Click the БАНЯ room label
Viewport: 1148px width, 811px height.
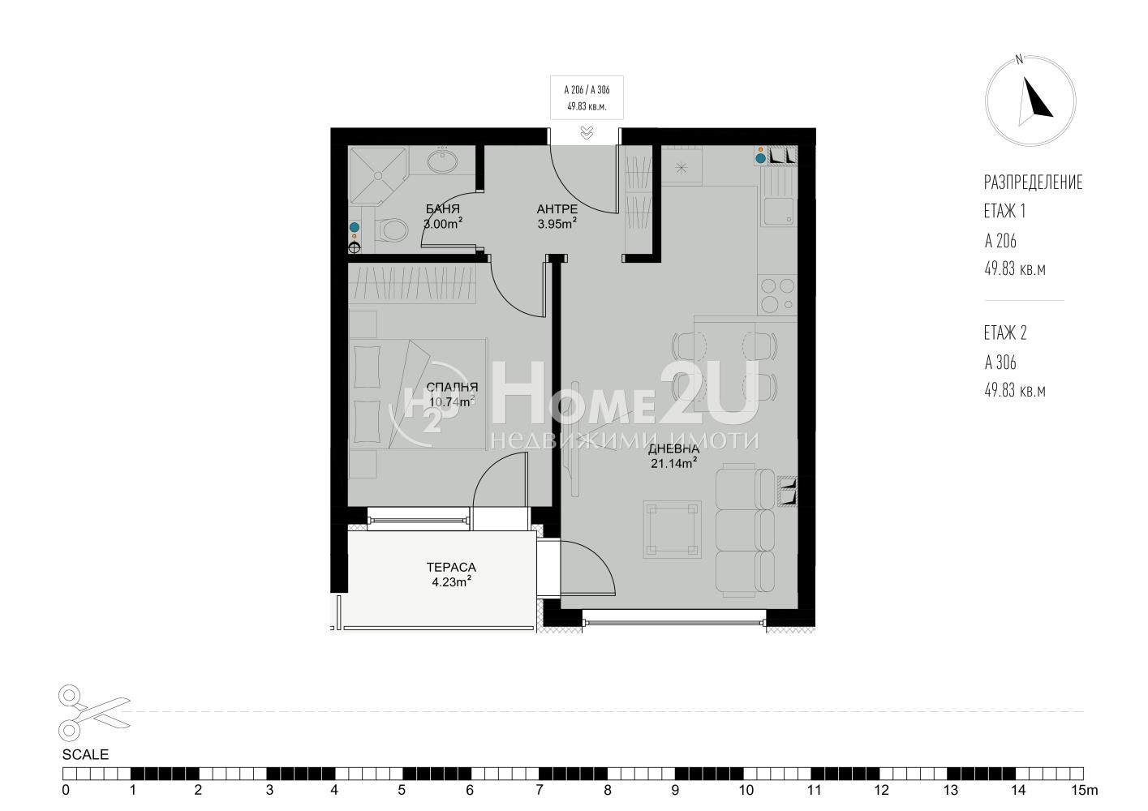click(442, 209)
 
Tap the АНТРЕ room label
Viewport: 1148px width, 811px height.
click(557, 209)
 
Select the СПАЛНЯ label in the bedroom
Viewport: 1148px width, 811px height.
click(452, 388)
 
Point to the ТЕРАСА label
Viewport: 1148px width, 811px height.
click(451, 567)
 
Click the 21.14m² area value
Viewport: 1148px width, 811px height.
click(673, 463)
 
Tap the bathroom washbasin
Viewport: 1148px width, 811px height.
click(442, 161)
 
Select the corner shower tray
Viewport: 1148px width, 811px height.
click(377, 176)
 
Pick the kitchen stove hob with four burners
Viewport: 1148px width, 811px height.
click(777, 295)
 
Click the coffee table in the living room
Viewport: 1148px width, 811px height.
click(672, 530)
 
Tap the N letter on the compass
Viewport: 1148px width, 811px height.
click(1019, 60)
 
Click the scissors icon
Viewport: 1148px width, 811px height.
click(94, 713)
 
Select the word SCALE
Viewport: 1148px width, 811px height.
click(85, 755)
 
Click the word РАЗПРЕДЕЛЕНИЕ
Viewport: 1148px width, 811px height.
click(1033, 182)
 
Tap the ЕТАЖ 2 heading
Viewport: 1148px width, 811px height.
click(1005, 333)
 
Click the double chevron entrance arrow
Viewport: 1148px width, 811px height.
click(587, 133)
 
